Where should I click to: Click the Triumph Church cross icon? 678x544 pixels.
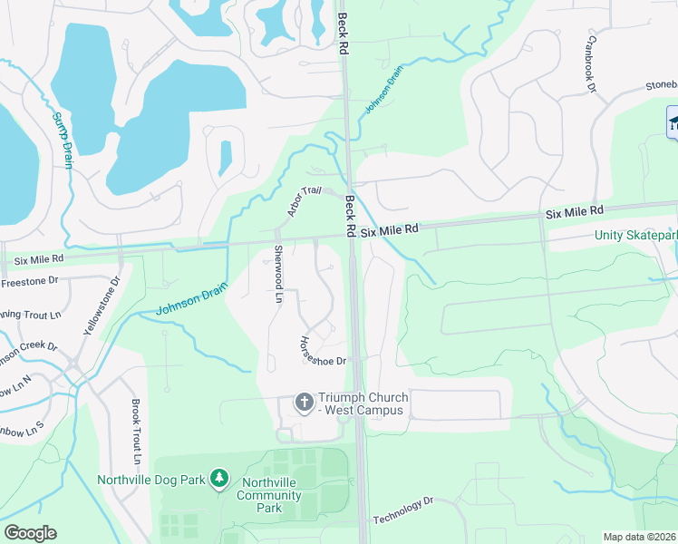[x=304, y=401]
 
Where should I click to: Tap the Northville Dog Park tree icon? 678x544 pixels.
[x=218, y=477]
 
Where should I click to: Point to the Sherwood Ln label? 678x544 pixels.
[x=279, y=274]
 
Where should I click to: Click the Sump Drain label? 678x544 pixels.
[x=62, y=140]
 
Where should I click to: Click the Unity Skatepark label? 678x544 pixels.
[x=635, y=236]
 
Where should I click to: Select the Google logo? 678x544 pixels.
[x=30, y=532]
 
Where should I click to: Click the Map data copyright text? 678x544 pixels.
[x=638, y=537]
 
